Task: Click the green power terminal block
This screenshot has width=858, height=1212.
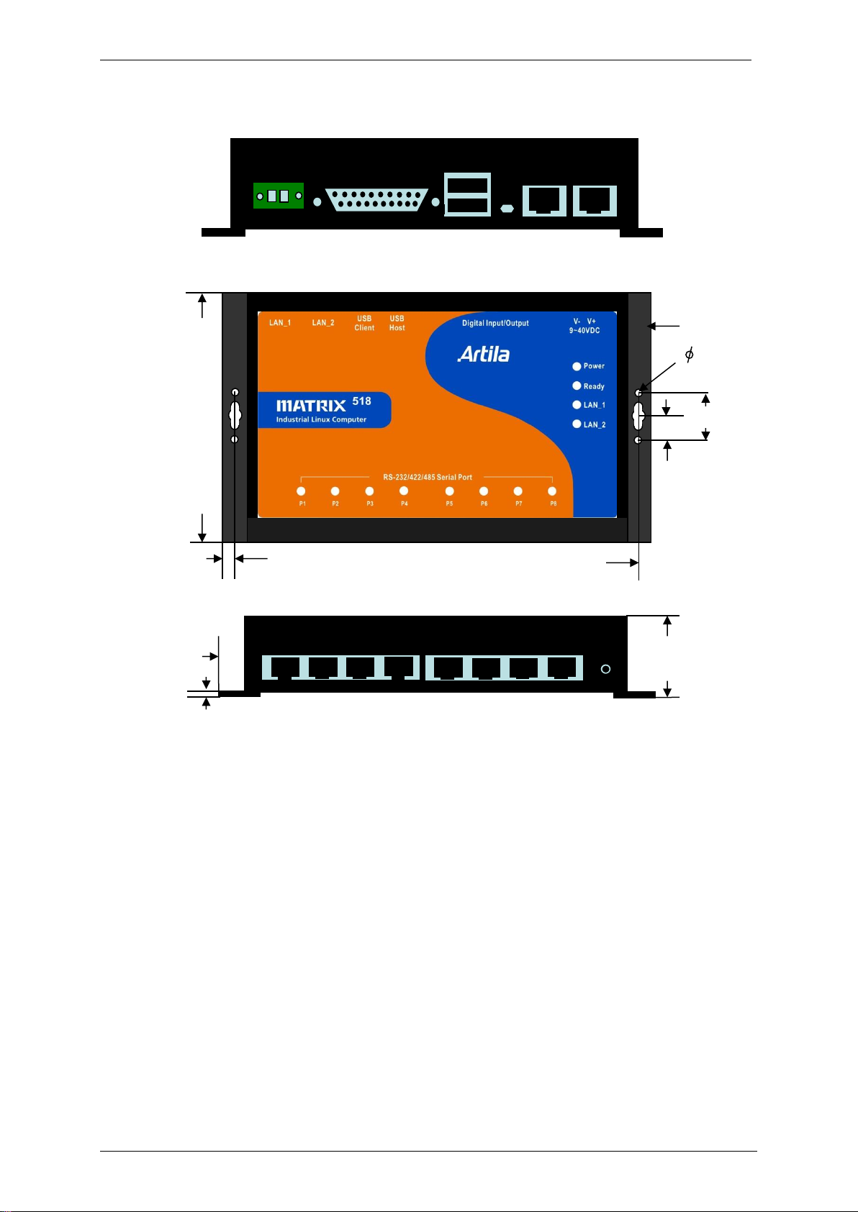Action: [279, 196]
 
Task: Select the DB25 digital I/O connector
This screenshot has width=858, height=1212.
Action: [376, 200]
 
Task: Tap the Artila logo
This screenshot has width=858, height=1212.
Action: [484, 355]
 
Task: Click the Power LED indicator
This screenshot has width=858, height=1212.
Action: [577, 366]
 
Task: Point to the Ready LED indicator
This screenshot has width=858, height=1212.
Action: [577, 386]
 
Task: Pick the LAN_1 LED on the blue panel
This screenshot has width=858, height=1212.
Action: [577, 405]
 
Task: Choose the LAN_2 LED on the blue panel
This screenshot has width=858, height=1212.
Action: [577, 424]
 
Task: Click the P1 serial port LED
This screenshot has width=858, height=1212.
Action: [301, 491]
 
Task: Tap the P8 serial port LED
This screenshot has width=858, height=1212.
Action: [552, 491]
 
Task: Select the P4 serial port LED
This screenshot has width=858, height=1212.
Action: [404, 491]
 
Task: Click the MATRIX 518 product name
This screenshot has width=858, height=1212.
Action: [324, 404]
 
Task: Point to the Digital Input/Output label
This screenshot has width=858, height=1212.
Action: [495, 323]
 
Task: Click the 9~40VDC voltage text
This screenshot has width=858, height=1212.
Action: [584, 331]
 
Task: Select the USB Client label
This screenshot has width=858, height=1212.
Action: [364, 323]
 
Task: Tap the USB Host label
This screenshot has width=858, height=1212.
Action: [397, 323]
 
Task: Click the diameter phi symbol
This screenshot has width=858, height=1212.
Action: [689, 355]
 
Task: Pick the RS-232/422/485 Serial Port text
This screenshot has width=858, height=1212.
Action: [428, 477]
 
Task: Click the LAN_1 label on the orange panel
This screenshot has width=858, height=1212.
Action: [280, 323]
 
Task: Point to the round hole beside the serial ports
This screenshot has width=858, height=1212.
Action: [606, 670]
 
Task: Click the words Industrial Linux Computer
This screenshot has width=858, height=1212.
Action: [321, 420]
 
